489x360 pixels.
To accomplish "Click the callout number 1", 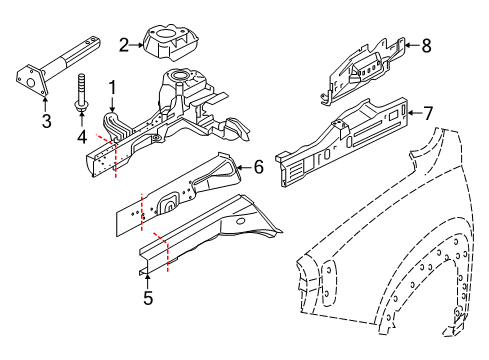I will (x=113, y=87).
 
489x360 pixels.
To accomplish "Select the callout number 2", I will (x=123, y=43).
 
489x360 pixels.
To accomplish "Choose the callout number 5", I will (x=147, y=297).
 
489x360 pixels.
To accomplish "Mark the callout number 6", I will (x=258, y=168).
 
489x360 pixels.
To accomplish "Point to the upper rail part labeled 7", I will (x=340, y=138).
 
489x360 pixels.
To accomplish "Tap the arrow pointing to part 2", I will (x=137, y=43).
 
